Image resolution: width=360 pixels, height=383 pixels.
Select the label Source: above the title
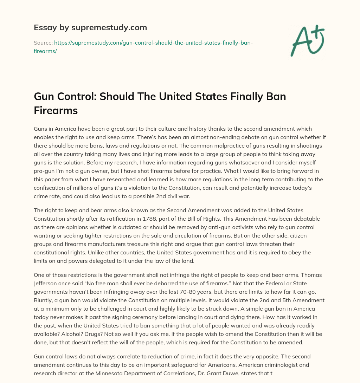pos(43,43)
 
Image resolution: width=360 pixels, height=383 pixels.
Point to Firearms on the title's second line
pos(56,110)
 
